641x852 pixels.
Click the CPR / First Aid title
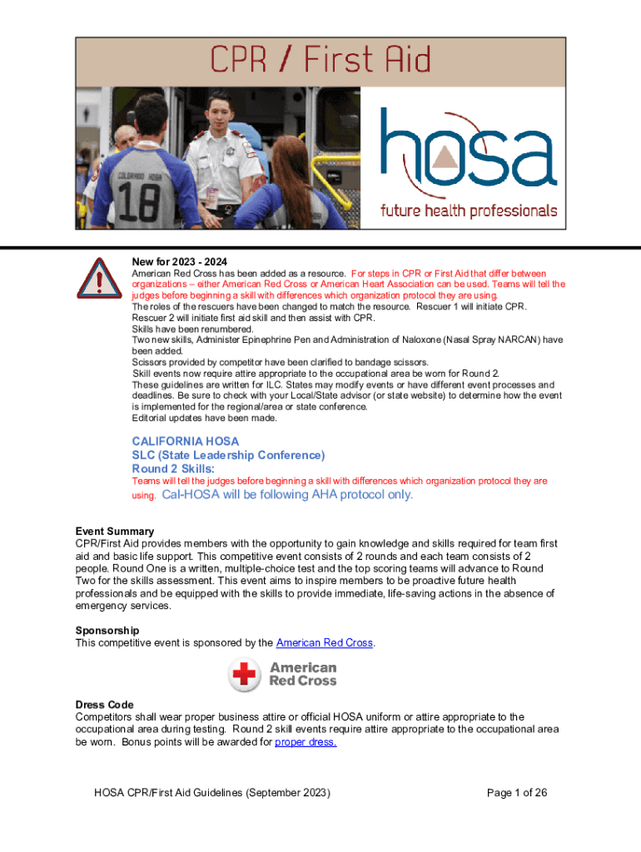320,62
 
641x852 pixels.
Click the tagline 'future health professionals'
469,211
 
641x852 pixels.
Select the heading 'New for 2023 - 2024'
180,261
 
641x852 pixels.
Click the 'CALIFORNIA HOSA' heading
185,441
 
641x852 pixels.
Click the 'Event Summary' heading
115,532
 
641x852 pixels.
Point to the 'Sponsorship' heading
107,631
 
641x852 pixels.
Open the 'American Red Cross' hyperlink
324,643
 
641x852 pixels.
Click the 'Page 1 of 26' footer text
517,793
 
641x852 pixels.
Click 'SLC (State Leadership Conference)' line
228,455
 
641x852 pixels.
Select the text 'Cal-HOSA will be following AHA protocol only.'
287,494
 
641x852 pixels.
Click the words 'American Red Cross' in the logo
303,674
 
